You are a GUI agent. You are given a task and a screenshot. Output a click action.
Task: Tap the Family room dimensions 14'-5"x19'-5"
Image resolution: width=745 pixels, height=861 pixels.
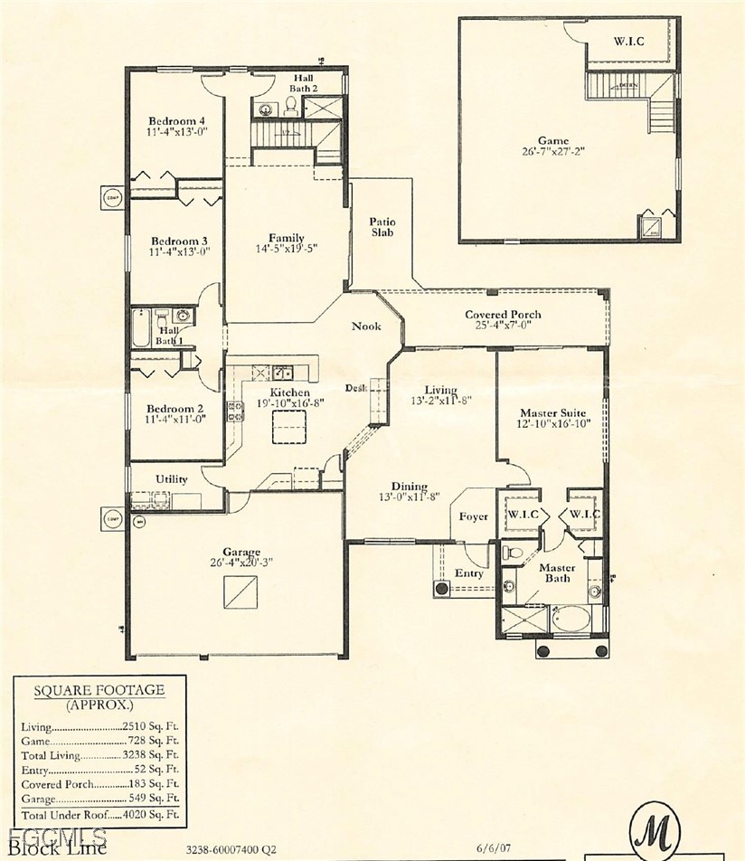click(x=286, y=249)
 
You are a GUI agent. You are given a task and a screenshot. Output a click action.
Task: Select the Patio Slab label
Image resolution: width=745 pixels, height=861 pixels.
click(x=382, y=227)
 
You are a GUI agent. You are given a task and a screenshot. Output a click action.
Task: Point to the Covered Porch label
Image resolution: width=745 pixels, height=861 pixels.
click(x=504, y=315)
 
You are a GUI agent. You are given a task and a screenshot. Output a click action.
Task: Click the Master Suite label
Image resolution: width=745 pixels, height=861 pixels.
click(x=550, y=412)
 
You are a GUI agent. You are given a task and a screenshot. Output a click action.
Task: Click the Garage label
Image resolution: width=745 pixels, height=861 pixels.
click(x=241, y=552)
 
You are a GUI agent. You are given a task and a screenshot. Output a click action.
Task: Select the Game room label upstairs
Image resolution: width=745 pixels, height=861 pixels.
click(x=553, y=140)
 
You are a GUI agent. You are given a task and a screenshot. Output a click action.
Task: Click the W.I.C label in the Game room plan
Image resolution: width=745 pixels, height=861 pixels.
click(x=630, y=41)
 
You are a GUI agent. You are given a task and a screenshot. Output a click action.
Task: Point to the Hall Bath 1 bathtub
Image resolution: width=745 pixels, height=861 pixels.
click(x=142, y=327)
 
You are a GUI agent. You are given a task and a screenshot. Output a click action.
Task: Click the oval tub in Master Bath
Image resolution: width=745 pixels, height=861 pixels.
click(x=571, y=620)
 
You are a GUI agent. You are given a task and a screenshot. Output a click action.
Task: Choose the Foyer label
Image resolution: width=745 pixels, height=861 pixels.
click(x=473, y=516)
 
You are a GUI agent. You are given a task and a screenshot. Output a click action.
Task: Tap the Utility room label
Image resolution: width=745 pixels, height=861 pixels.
click(x=172, y=479)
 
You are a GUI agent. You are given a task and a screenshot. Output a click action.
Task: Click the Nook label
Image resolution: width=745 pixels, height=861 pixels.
click(x=366, y=326)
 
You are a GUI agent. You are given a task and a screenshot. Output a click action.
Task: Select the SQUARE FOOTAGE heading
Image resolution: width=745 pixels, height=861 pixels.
click(x=99, y=690)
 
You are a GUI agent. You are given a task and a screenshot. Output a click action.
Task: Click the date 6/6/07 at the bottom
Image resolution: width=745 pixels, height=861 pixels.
click(x=494, y=849)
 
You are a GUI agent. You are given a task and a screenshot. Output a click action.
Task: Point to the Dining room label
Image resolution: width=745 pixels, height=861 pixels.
click(x=410, y=486)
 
